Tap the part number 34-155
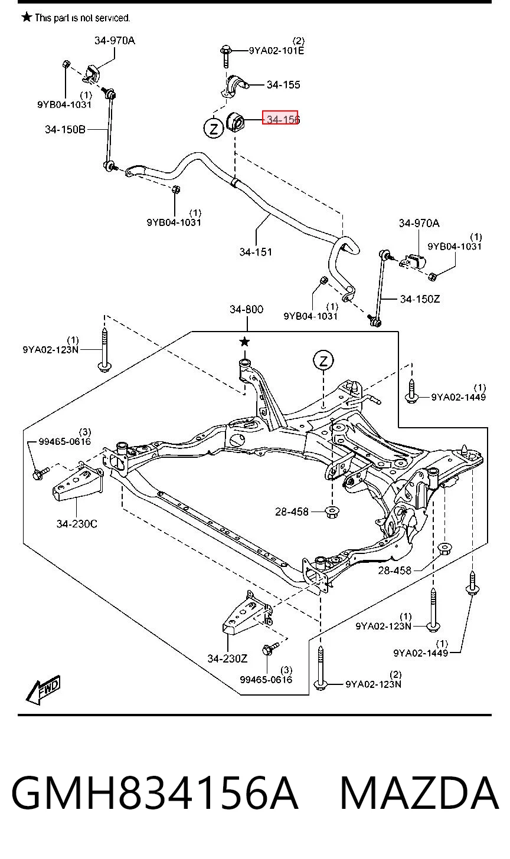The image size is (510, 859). pos(283,84)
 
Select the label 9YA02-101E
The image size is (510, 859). pos(276,51)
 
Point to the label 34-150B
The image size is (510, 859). pos(66,129)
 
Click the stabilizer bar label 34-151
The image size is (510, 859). pos(256,252)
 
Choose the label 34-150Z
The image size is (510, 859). pos(420,299)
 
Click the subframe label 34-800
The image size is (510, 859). pos(246,309)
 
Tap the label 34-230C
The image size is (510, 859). pos(77,523)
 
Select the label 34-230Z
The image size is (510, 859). pos(228,658)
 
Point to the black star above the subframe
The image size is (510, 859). pos(244,341)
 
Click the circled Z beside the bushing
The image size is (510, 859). pos(213,128)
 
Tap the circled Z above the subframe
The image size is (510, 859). pos(323,360)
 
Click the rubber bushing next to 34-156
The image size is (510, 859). pos(236,122)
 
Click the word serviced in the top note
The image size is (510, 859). pos(112,18)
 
